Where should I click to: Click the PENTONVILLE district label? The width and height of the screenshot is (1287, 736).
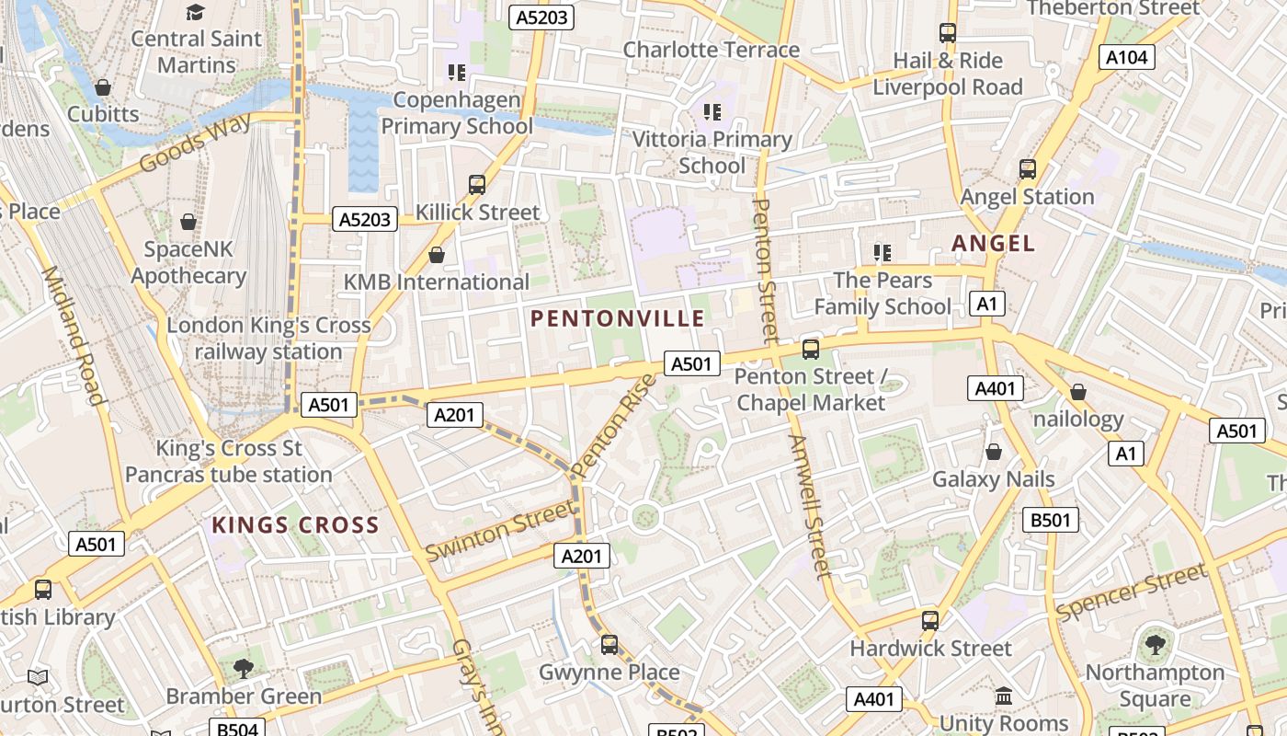618,319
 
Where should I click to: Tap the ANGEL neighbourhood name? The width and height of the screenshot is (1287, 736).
993,244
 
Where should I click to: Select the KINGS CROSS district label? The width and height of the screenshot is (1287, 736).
295,525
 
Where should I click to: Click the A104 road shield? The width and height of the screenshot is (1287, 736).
1127,57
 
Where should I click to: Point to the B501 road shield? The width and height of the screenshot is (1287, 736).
1051,520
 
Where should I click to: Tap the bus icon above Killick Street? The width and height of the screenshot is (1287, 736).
476,184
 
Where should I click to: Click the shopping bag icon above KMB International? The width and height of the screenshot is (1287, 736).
437,254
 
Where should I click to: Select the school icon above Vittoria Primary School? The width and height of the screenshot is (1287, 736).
712,112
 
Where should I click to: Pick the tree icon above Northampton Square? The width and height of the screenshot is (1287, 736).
1155,645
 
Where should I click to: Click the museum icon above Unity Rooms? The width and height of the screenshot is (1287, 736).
1004,696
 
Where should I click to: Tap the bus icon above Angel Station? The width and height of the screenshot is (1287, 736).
1027,169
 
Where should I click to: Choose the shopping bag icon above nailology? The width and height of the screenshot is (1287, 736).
1078,392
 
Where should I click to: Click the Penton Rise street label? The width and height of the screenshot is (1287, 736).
616,425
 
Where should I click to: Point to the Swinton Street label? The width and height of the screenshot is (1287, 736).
499,535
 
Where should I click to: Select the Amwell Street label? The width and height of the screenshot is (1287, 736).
809,506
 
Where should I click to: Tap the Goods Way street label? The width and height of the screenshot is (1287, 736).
195,144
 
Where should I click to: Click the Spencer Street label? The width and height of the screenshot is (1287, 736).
1132,592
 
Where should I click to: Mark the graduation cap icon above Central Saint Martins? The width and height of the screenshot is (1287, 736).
195,12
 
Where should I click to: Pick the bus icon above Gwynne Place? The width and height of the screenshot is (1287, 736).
609,644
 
